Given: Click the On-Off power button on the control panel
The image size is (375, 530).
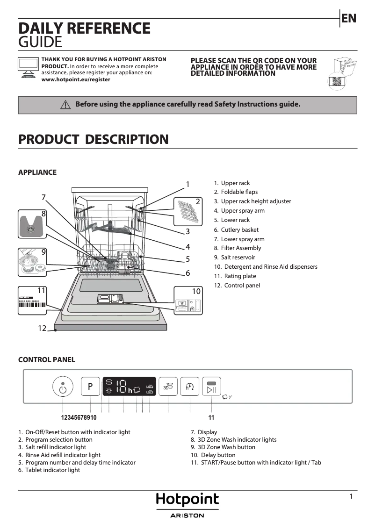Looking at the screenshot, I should (x=63, y=387).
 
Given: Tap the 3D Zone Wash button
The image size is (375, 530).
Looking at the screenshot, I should (x=168, y=387).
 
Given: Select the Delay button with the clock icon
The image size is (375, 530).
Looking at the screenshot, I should (x=190, y=387).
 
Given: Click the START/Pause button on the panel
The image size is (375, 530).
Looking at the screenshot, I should (x=211, y=387).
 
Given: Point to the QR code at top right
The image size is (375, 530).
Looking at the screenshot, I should (x=337, y=81).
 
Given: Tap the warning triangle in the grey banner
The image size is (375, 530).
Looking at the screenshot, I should (x=65, y=105).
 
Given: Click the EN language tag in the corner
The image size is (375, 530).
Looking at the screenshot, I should (x=349, y=19).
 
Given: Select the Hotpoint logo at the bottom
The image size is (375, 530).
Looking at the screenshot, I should (x=187, y=501).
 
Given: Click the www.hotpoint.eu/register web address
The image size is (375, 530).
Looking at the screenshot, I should (x=76, y=80).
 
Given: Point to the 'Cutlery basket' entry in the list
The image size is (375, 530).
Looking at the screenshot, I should (x=239, y=229).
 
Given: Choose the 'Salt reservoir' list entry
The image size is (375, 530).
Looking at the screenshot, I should (x=238, y=258).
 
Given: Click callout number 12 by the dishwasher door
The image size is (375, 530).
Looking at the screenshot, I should (x=42, y=328).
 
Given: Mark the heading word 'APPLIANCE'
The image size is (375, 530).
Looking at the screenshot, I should (x=37, y=172).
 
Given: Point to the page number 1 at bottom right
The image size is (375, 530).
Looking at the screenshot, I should (x=351, y=497).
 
